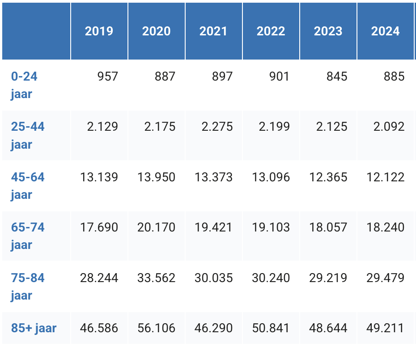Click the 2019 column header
pyautogui.click(x=99, y=31)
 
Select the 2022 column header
pyautogui.click(x=271, y=31)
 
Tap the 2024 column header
pyautogui.click(x=385, y=31)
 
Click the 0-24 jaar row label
pyautogui.click(x=24, y=85)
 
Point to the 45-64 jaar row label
pyautogui.click(x=28, y=186)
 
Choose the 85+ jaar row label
pyautogui.click(x=34, y=328)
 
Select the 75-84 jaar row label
pyautogui.click(x=28, y=287)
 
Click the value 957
pyautogui.click(x=108, y=77)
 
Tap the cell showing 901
pyautogui.click(x=280, y=77)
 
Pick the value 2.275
pyautogui.click(x=217, y=127)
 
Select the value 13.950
pyautogui.click(x=156, y=177)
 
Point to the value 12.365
pyautogui.click(x=328, y=177)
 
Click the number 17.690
pyautogui.click(x=99, y=227)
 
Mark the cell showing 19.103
pyautogui.click(x=271, y=227)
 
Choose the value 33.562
pyautogui.click(x=156, y=278)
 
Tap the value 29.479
pyautogui.click(x=385, y=278)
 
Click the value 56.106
pyautogui.click(x=156, y=328)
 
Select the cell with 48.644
pyautogui.click(x=328, y=328)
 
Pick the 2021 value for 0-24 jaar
pyautogui.click(x=222, y=77)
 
